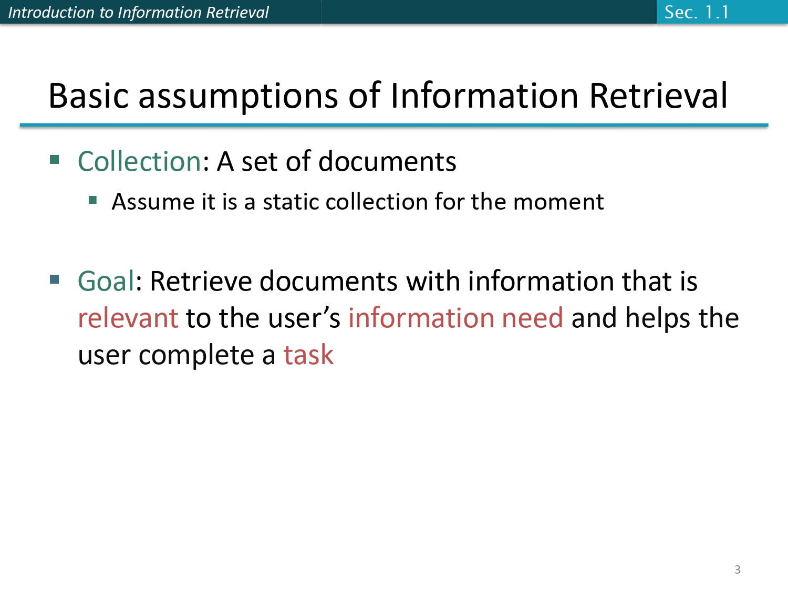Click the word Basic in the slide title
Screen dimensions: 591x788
tap(88, 96)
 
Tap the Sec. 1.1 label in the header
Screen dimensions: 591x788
tap(697, 12)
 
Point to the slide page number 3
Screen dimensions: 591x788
tap(738, 569)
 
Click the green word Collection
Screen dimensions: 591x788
tap(139, 161)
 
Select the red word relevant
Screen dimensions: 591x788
tap(128, 318)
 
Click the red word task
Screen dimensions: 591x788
tap(308, 355)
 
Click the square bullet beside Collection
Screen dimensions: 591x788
tap(55, 159)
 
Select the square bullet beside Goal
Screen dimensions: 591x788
tap(55, 278)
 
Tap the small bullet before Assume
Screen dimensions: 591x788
tap(93, 200)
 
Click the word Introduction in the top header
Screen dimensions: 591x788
tap(44, 12)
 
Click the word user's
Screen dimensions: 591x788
tap(304, 318)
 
